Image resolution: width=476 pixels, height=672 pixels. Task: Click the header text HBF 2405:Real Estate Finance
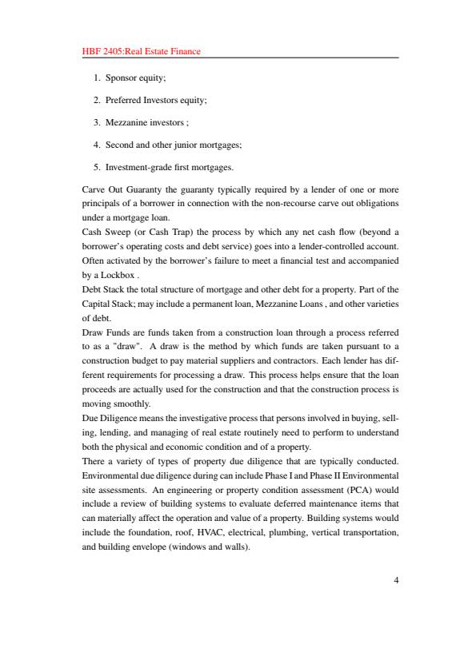(141, 52)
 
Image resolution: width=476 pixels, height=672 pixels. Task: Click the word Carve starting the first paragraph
(94, 189)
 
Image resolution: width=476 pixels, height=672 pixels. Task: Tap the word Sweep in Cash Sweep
(115, 233)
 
